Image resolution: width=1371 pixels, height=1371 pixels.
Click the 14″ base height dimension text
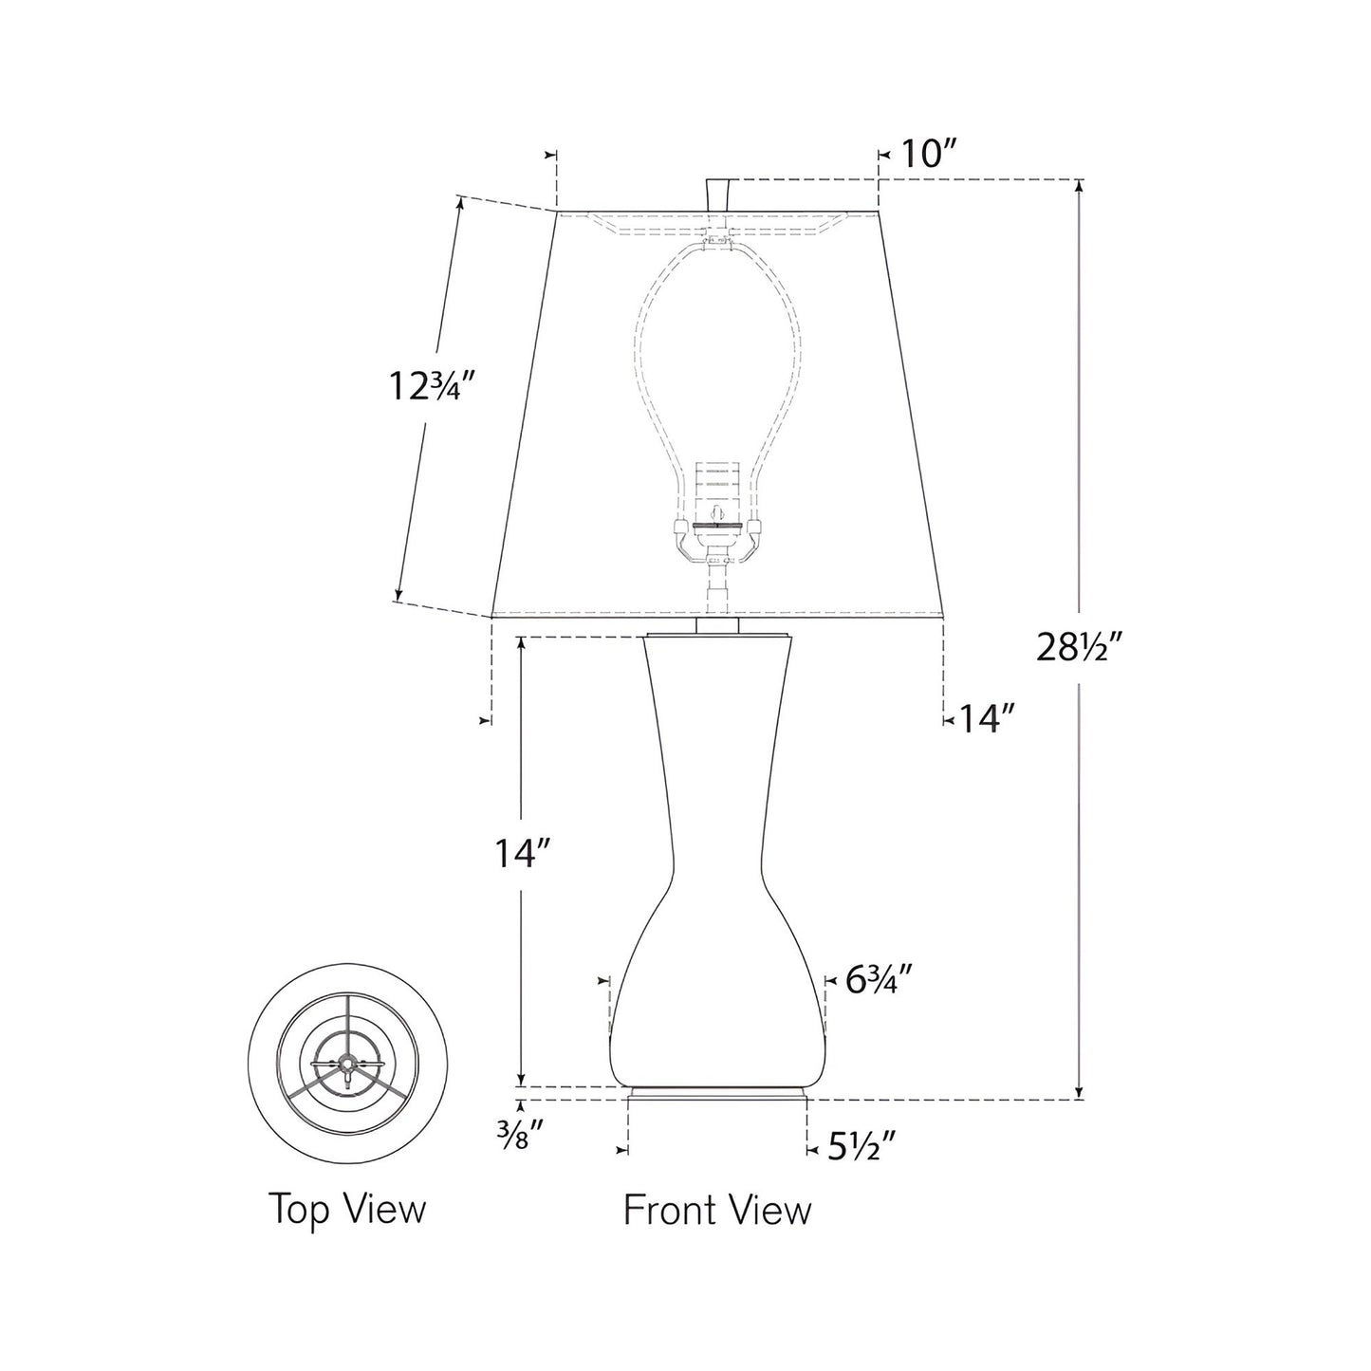(x=522, y=854)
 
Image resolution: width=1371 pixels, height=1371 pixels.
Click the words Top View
(x=347, y=1209)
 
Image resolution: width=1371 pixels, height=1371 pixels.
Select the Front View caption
(x=717, y=1210)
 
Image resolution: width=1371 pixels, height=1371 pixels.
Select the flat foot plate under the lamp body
(x=717, y=1094)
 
